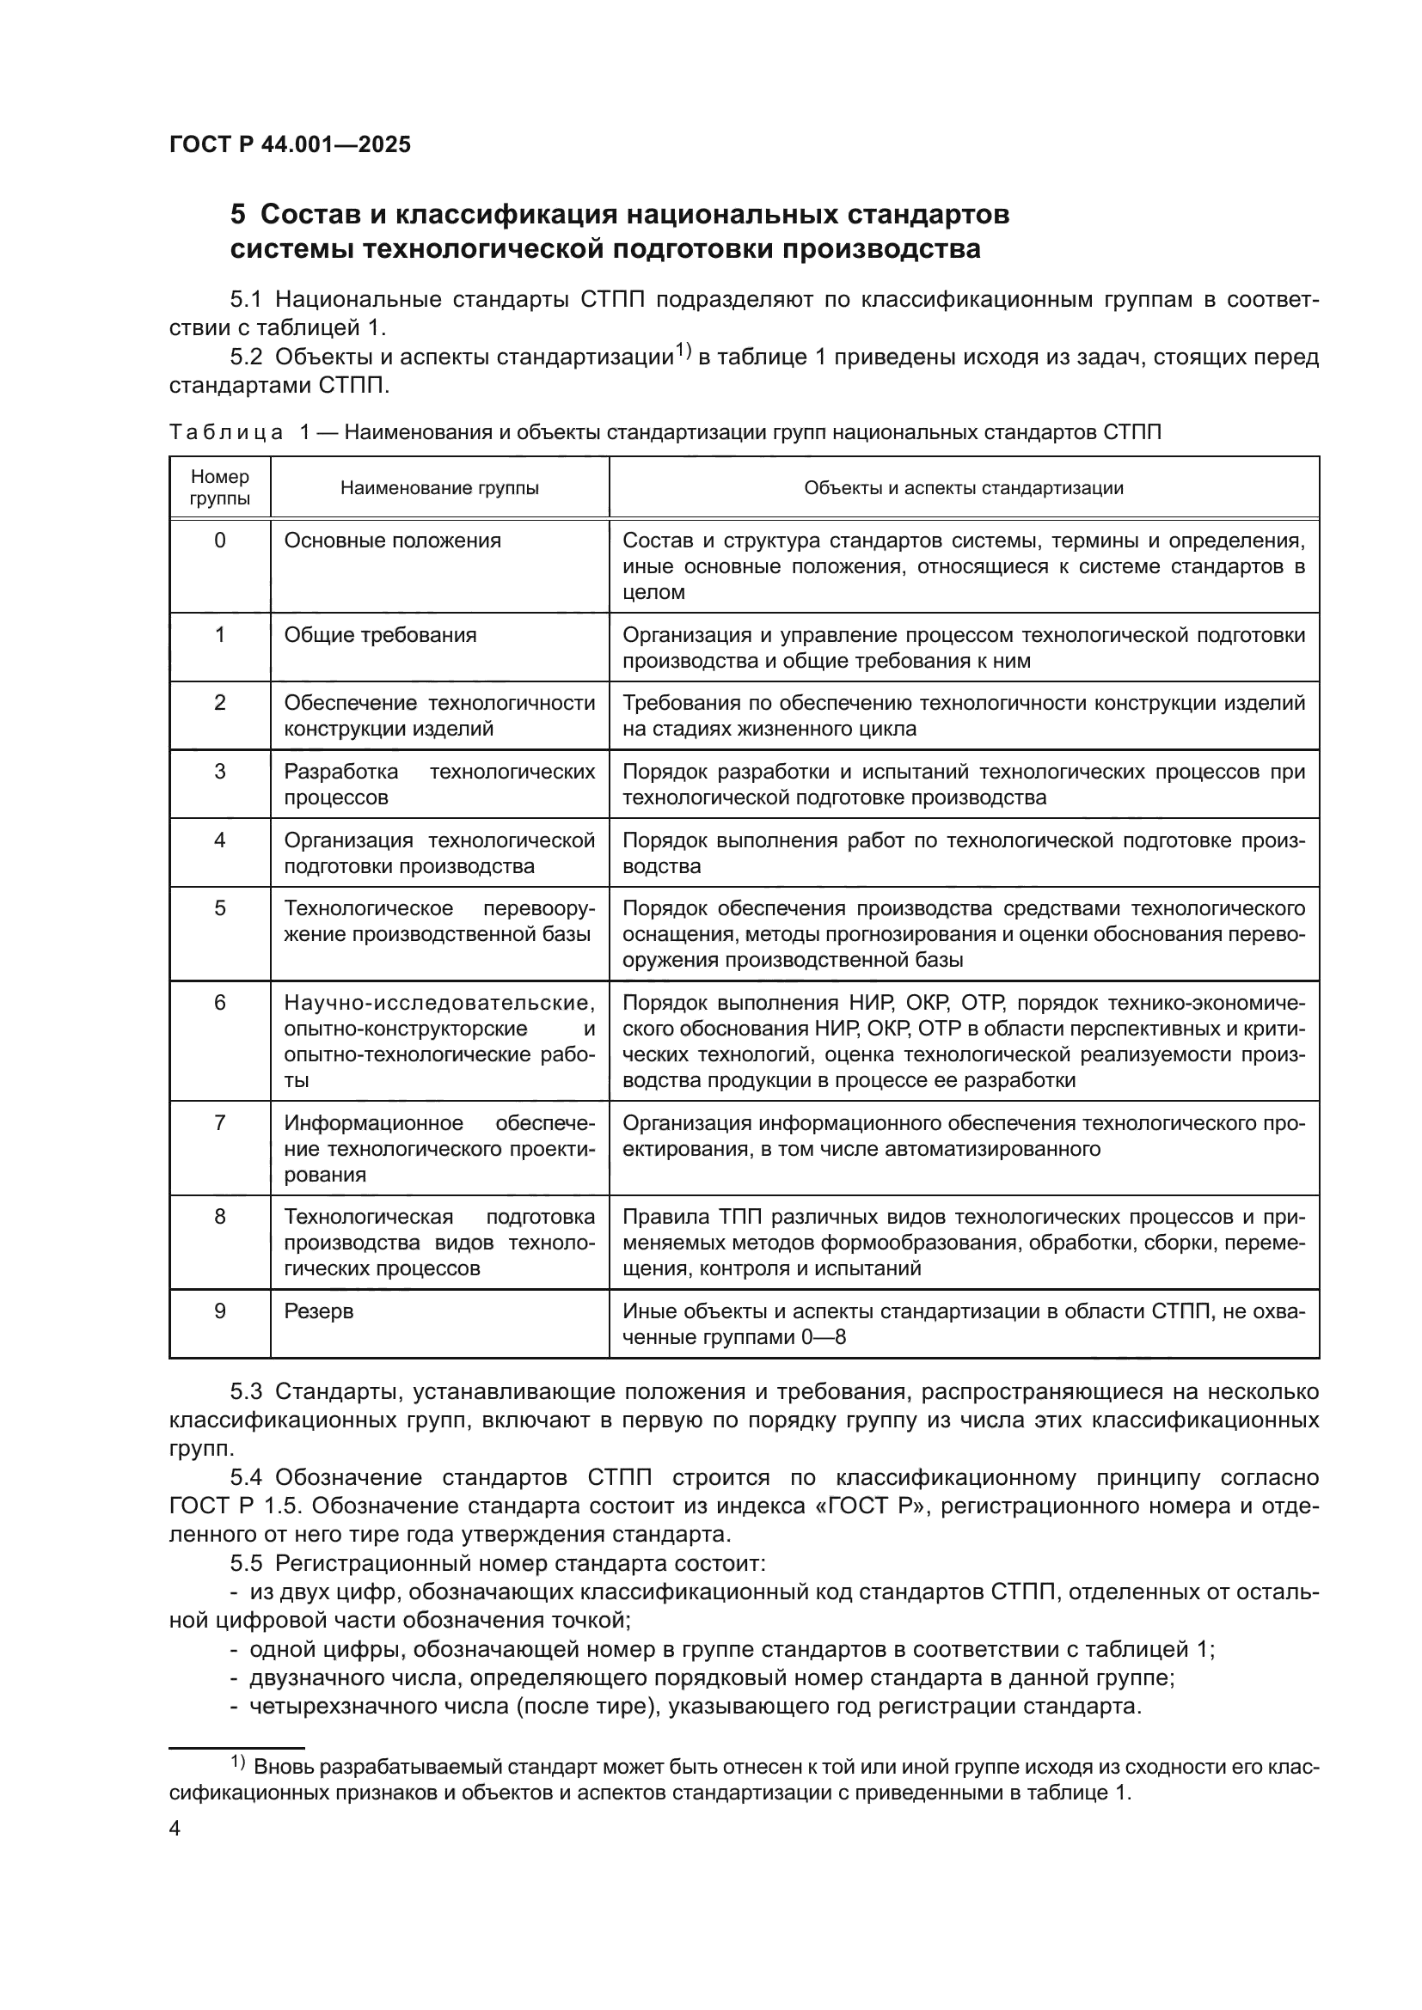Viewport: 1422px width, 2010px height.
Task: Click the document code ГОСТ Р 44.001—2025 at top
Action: [x=290, y=145]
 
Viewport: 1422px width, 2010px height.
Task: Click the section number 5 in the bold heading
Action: [x=237, y=215]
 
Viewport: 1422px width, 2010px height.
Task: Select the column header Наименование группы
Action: [x=439, y=488]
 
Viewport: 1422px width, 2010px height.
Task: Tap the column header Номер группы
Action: [x=220, y=487]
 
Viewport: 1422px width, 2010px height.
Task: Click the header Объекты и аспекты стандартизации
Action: [x=963, y=488]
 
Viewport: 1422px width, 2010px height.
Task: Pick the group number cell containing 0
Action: [x=220, y=541]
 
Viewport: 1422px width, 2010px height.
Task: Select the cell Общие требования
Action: [x=380, y=635]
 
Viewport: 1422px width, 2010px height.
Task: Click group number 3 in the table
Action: [x=220, y=771]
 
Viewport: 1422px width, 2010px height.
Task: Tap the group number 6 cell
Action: [x=220, y=1002]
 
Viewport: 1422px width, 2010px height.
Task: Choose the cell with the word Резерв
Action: [x=319, y=1311]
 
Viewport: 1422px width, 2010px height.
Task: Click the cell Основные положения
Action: [x=392, y=541]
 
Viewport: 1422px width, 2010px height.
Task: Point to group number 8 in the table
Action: [x=220, y=1217]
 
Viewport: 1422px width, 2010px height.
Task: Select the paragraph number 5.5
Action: [x=246, y=1563]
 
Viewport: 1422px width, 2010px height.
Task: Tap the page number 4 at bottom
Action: [x=175, y=1829]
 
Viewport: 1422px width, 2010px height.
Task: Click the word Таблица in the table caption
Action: [x=226, y=432]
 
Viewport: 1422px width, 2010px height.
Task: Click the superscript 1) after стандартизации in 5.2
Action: [x=683, y=352]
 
